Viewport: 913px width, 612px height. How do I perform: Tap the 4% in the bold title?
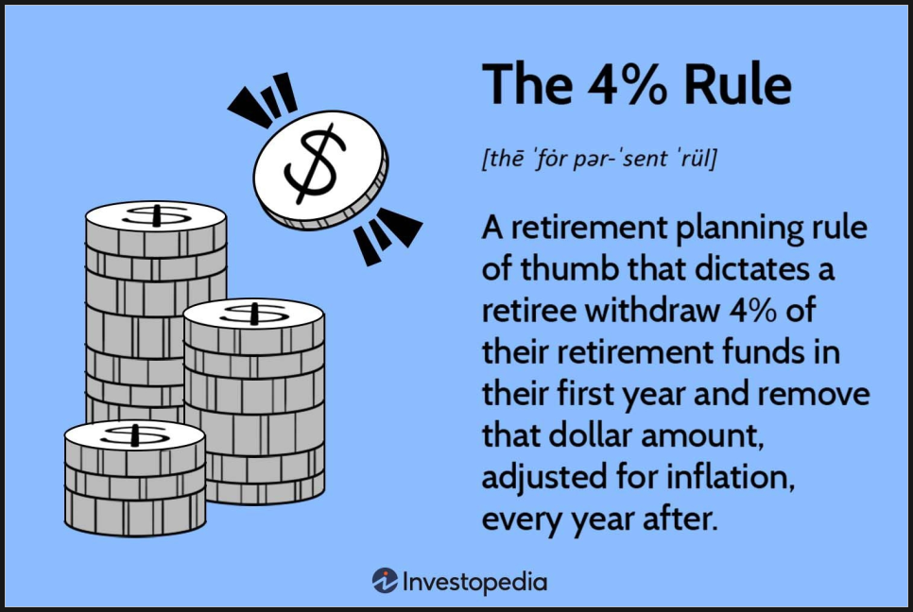627,84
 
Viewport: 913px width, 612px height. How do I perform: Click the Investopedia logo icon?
385,581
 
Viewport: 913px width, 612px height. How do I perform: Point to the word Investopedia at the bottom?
475,583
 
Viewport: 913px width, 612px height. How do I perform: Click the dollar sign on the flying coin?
315,164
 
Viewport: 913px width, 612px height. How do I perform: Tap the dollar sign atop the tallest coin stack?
156,216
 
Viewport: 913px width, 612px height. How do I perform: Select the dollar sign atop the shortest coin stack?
135,434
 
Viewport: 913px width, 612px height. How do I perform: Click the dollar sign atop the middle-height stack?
254,314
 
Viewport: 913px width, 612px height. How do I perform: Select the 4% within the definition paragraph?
753,311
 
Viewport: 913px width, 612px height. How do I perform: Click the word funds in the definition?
766,351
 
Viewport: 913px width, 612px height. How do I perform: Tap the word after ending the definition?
679,518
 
